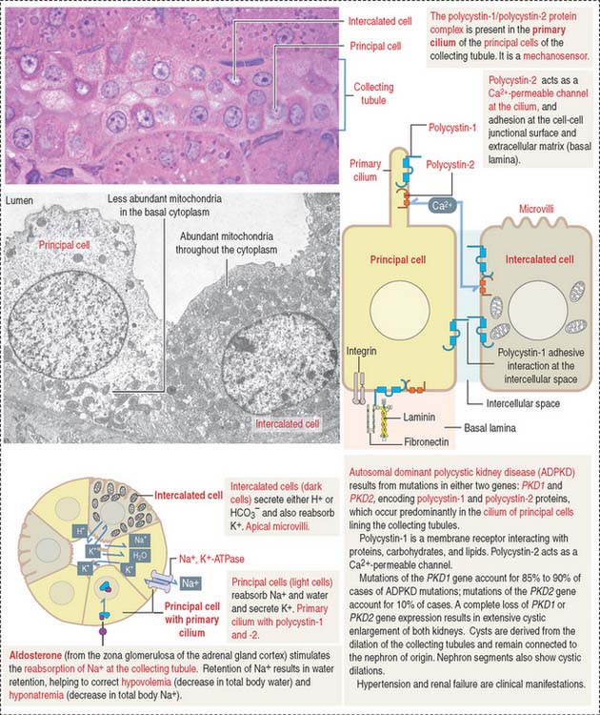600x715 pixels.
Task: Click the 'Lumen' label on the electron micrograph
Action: click(x=19, y=200)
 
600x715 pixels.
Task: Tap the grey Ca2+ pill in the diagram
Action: click(x=441, y=206)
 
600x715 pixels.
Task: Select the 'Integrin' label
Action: click(x=361, y=351)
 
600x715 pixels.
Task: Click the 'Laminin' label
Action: click(x=419, y=418)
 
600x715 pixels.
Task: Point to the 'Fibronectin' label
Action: click(x=427, y=441)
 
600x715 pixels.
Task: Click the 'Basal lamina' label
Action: click(x=490, y=428)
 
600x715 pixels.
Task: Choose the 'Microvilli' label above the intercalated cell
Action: click(x=537, y=210)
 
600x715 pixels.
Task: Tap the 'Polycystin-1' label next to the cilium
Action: click(x=452, y=128)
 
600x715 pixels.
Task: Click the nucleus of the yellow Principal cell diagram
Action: click(x=400, y=310)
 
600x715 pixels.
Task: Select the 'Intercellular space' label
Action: click(x=523, y=403)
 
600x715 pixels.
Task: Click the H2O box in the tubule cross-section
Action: click(x=138, y=556)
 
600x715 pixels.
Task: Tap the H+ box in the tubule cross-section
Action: click(x=81, y=531)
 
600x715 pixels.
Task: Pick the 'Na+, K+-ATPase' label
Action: click(x=211, y=559)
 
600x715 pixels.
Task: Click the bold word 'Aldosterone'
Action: click(x=35, y=655)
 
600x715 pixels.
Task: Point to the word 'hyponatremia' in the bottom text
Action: click(x=36, y=696)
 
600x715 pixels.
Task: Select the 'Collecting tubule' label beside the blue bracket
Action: click(x=373, y=93)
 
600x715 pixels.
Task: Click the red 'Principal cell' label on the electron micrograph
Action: click(x=64, y=245)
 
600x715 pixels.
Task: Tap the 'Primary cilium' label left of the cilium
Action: click(x=365, y=170)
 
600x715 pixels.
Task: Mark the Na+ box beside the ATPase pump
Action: click(x=190, y=583)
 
